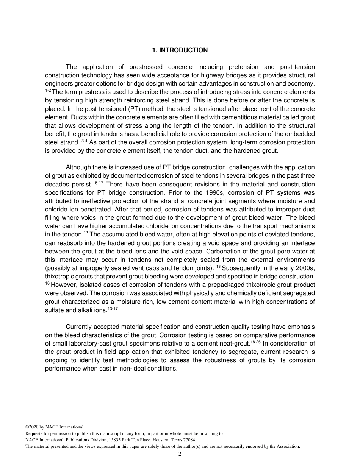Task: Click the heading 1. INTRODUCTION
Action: click(180, 50)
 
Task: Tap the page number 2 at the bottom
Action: click(180, 454)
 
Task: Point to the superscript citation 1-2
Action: click(48, 91)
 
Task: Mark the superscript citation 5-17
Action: click(99, 183)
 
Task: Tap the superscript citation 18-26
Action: click(255, 342)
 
